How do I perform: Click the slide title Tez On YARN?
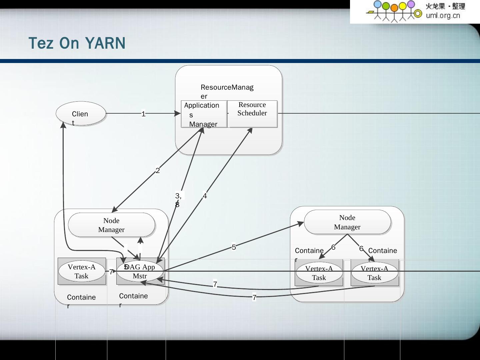pyautogui.click(x=77, y=43)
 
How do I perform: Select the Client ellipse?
pyautogui.click(x=81, y=114)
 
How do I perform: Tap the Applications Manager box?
pyautogui.click(x=204, y=114)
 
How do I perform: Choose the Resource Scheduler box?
pyautogui.click(x=252, y=113)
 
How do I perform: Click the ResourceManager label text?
pyautogui.click(x=227, y=88)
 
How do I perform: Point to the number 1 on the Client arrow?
pyautogui.click(x=143, y=114)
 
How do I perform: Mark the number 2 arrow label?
pyautogui.click(x=158, y=170)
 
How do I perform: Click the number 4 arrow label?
pyautogui.click(x=205, y=196)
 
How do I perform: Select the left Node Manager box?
pyautogui.click(x=111, y=225)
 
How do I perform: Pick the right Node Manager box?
pyautogui.click(x=347, y=222)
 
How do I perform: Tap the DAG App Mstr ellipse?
pyautogui.click(x=140, y=271)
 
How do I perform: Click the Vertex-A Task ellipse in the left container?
pyautogui.click(x=82, y=271)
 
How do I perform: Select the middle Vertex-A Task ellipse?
pyautogui.click(x=319, y=273)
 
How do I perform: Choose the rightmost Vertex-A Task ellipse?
pyautogui.click(x=374, y=273)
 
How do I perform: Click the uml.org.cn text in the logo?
pyautogui.click(x=443, y=16)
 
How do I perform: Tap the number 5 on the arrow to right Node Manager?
pyautogui.click(x=234, y=247)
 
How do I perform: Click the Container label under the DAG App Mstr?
pyautogui.click(x=133, y=296)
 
